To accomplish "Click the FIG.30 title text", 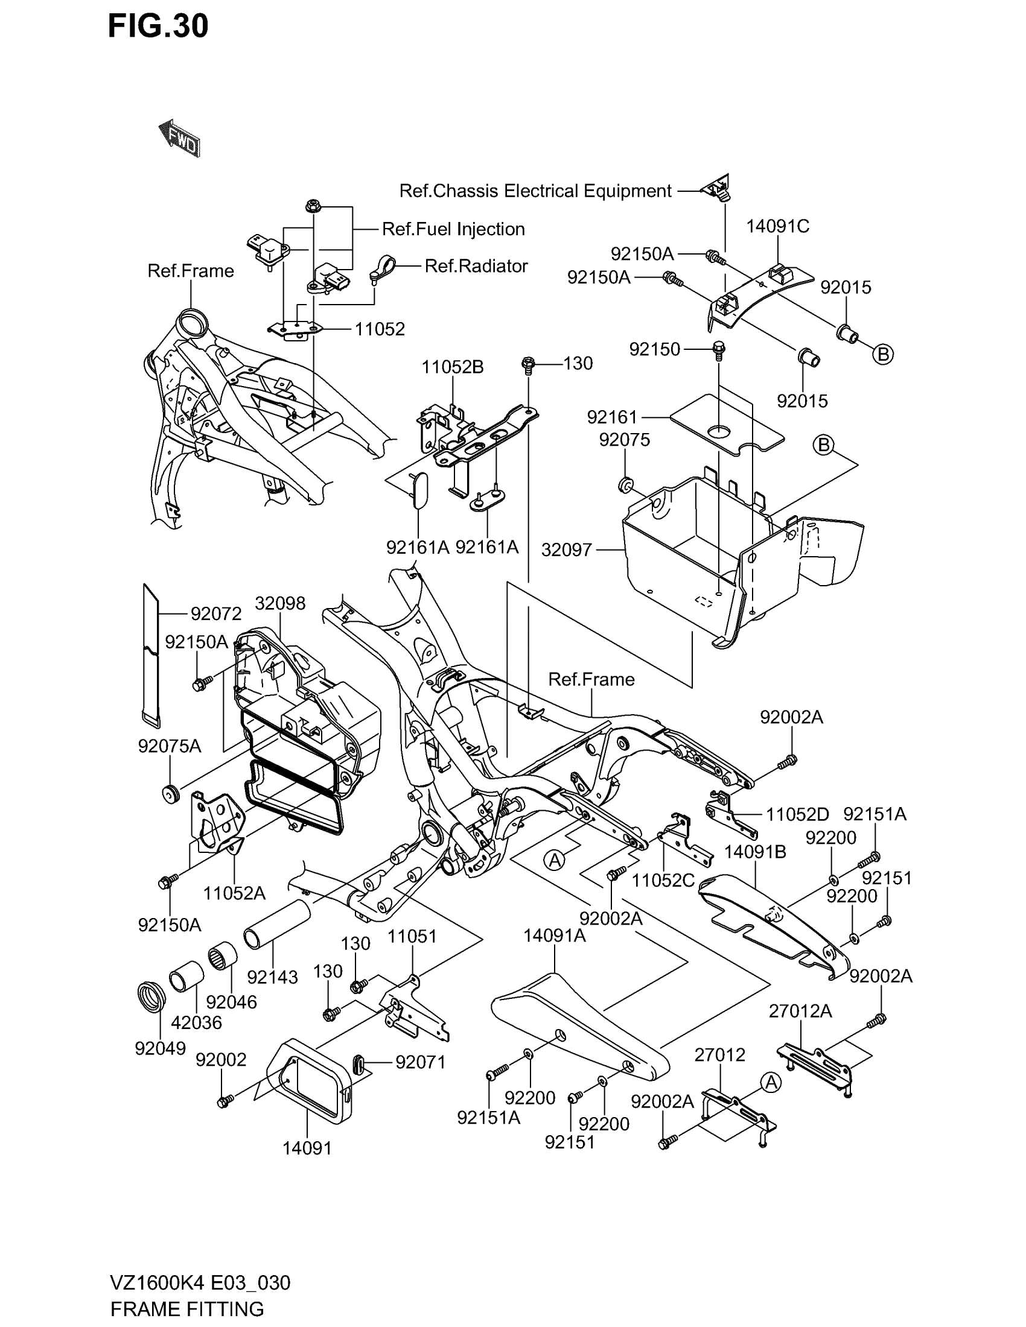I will coord(158,26).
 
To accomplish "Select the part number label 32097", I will coord(566,550).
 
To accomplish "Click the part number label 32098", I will coord(279,603).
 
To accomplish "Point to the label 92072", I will coord(216,613).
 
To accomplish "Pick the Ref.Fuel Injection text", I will coord(453,229).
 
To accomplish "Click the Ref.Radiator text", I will coord(476,266).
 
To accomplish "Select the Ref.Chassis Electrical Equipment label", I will coord(535,191).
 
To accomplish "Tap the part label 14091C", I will coord(777,226).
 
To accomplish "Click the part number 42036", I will coord(196,1022).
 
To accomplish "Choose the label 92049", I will coord(161,1048).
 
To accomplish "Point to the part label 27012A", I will coord(800,1011).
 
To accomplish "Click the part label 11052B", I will coord(453,367).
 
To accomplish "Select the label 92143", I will coord(272,977).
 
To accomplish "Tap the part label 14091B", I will coord(755,852).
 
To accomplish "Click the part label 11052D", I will coord(797,815).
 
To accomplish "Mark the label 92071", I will coord(421,1062).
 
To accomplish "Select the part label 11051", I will coord(412,936).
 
